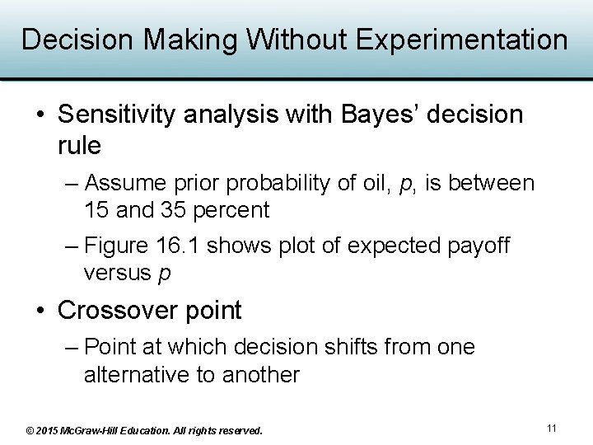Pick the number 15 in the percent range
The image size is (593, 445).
(96, 210)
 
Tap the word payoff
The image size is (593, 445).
(480, 246)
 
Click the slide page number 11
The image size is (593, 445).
(552, 429)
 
